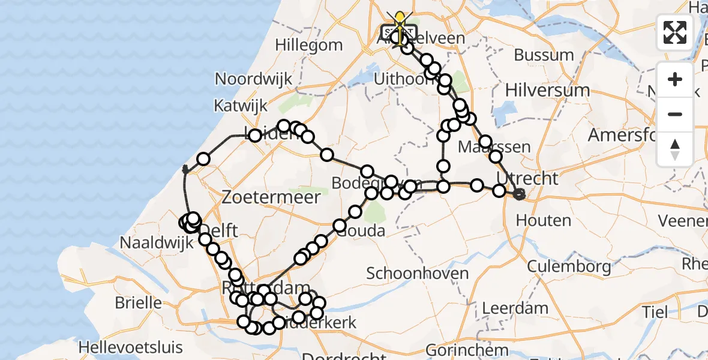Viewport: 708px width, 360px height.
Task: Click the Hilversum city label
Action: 547,90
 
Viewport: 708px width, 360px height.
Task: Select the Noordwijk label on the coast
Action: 254,79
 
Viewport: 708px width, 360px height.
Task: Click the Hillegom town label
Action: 309,45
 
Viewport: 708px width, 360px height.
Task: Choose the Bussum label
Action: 544,55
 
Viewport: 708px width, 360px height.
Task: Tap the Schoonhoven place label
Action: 418,274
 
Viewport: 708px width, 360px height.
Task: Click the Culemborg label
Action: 569,265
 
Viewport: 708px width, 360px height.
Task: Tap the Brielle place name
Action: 138,302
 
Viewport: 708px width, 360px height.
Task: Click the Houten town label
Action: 543,220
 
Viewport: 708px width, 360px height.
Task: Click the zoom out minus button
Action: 675,115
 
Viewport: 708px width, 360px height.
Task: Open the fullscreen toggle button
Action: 675,32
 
